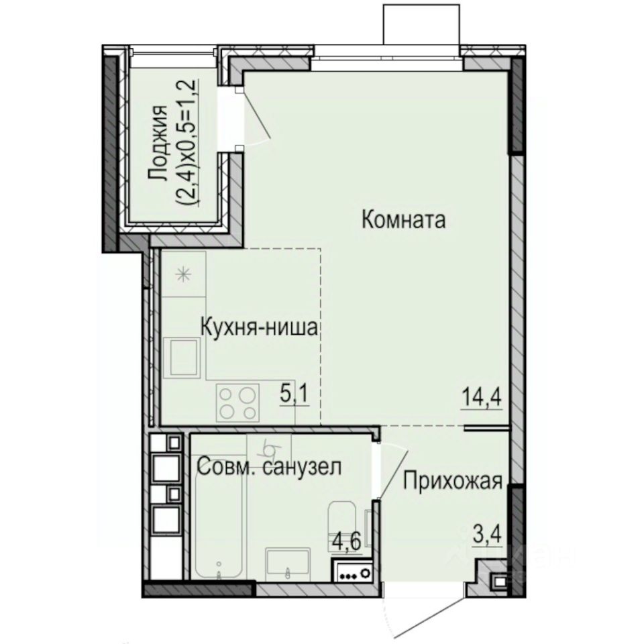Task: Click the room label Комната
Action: [403, 219]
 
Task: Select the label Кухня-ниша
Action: [260, 327]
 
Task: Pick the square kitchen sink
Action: [184, 357]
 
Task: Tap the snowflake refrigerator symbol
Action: [182, 274]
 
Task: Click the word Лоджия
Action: [158, 143]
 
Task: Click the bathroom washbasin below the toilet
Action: [287, 562]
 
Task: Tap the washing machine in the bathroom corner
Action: [354, 572]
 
